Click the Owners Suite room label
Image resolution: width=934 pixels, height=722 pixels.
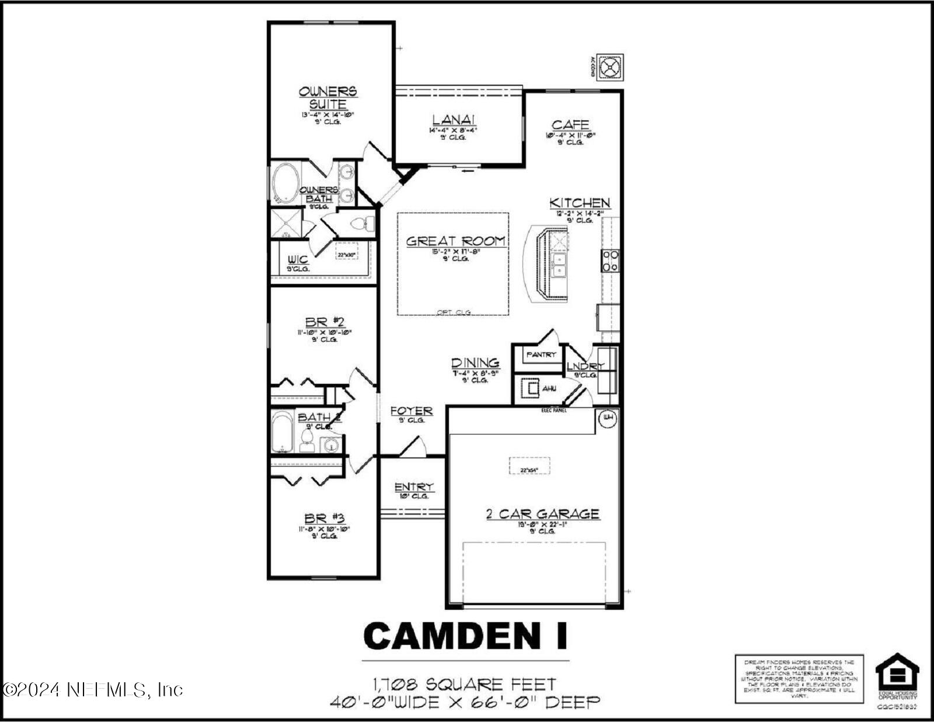coord(327,98)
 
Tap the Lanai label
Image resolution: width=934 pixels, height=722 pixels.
coord(453,119)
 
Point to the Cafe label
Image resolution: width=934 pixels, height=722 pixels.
coord(570,124)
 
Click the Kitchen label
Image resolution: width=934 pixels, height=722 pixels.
coord(580,203)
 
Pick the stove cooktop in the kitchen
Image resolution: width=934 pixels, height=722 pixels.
coord(611,261)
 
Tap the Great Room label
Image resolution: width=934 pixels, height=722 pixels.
coord(455,241)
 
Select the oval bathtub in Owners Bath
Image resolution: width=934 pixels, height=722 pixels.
coord(285,182)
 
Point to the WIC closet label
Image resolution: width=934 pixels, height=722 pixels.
coord(298,259)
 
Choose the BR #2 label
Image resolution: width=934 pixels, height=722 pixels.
coord(325,322)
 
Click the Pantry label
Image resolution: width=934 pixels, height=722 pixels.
coord(541,355)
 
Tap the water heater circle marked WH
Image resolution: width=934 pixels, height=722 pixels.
coord(608,418)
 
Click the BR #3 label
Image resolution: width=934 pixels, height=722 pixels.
coord(325,518)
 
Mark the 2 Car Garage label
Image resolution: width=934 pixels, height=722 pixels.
coord(542,514)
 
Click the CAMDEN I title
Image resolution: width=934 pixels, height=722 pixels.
coord(465,636)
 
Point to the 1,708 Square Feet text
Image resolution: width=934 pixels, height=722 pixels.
coord(465,683)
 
